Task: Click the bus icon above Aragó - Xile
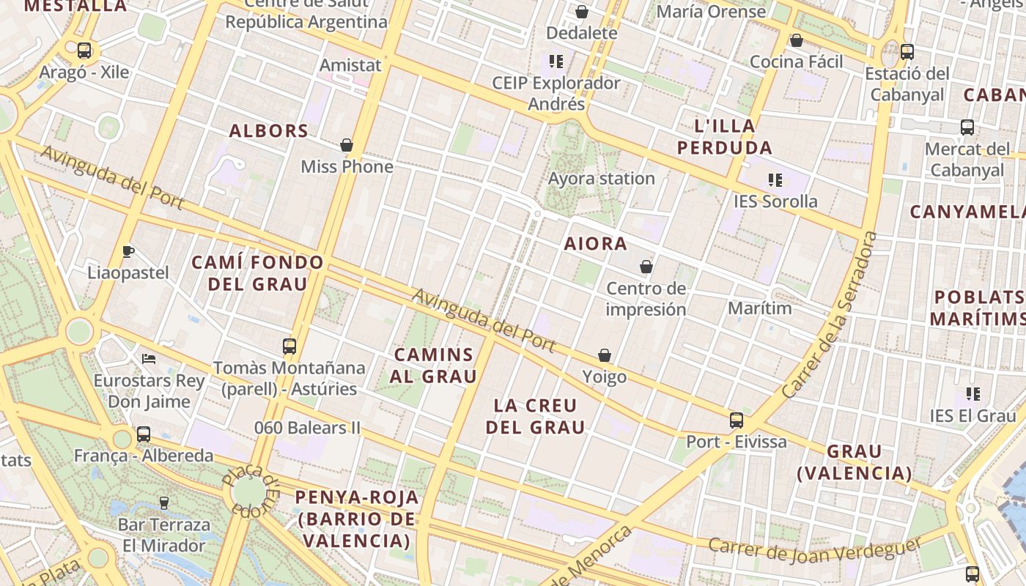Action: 84,51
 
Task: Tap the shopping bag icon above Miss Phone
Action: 347,145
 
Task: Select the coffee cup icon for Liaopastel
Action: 128,252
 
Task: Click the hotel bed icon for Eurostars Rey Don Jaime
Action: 149,359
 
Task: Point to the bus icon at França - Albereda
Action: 144,434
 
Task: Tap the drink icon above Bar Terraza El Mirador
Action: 164,503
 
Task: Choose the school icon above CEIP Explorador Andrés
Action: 556,61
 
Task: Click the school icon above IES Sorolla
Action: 775,179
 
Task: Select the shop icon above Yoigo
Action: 605,355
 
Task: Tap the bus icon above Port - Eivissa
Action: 737,420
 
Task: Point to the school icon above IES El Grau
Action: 973,394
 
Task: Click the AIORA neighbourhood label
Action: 596,244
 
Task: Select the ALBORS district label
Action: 269,131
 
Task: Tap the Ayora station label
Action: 602,179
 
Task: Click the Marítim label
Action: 760,308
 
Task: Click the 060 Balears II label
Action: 308,427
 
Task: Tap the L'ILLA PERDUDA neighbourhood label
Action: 725,136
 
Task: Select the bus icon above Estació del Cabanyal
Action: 907,52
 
